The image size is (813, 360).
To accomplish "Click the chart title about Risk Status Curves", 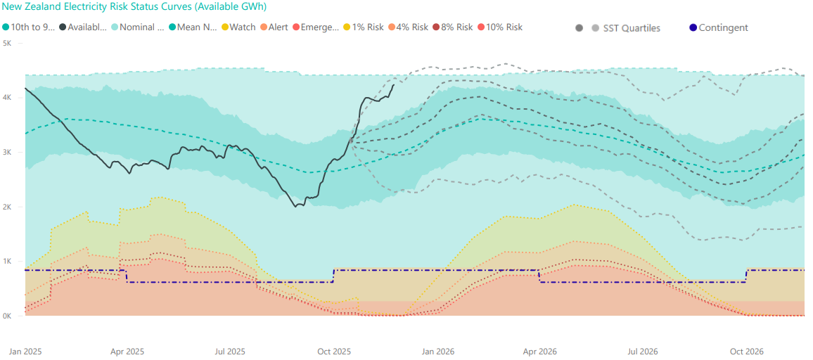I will [134, 7].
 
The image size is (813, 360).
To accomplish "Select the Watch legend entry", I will [242, 27].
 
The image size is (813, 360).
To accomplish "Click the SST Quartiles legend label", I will [632, 28].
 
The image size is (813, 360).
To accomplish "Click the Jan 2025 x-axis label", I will [25, 351].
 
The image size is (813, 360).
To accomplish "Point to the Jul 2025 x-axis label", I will [229, 351].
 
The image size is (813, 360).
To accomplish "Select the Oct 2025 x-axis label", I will [333, 351].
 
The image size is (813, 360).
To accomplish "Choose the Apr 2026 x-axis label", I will [540, 351].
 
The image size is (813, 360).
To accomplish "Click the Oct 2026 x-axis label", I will [746, 351].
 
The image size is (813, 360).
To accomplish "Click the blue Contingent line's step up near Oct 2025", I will [333, 276].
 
